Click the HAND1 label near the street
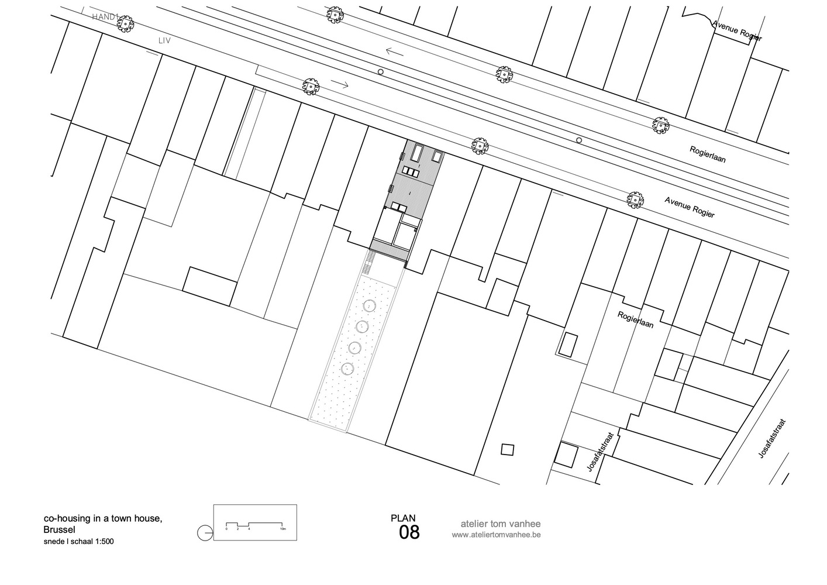(105, 17)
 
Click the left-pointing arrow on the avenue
(395, 52)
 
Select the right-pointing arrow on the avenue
(340, 84)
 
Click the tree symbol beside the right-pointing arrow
(311, 87)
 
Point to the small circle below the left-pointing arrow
(381, 72)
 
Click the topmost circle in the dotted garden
(370, 306)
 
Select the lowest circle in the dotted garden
(348, 369)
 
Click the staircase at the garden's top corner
(368, 263)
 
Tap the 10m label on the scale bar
(283, 529)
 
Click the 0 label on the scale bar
(226, 529)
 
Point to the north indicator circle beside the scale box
(205, 533)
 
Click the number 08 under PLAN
(409, 533)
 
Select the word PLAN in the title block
(403, 518)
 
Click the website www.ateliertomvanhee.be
(496, 535)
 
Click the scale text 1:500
(103, 541)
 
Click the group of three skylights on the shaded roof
(412, 172)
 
